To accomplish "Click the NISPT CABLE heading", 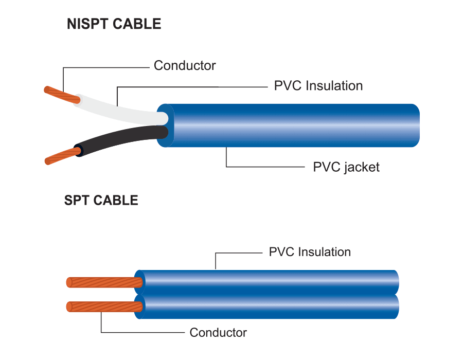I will click(x=114, y=24).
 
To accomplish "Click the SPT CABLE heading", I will click(x=101, y=200).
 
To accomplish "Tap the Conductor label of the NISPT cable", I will click(x=184, y=66).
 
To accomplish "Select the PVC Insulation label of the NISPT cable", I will click(x=318, y=86).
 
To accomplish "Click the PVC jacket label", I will click(x=346, y=167).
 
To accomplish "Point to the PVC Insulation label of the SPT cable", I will click(x=310, y=252).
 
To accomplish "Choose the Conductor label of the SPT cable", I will click(x=218, y=332).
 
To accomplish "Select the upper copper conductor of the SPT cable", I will click(x=103, y=282).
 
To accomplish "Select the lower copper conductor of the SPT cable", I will click(x=103, y=307).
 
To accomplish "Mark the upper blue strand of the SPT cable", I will click(x=268, y=282).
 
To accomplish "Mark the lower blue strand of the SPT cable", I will click(x=268, y=307).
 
